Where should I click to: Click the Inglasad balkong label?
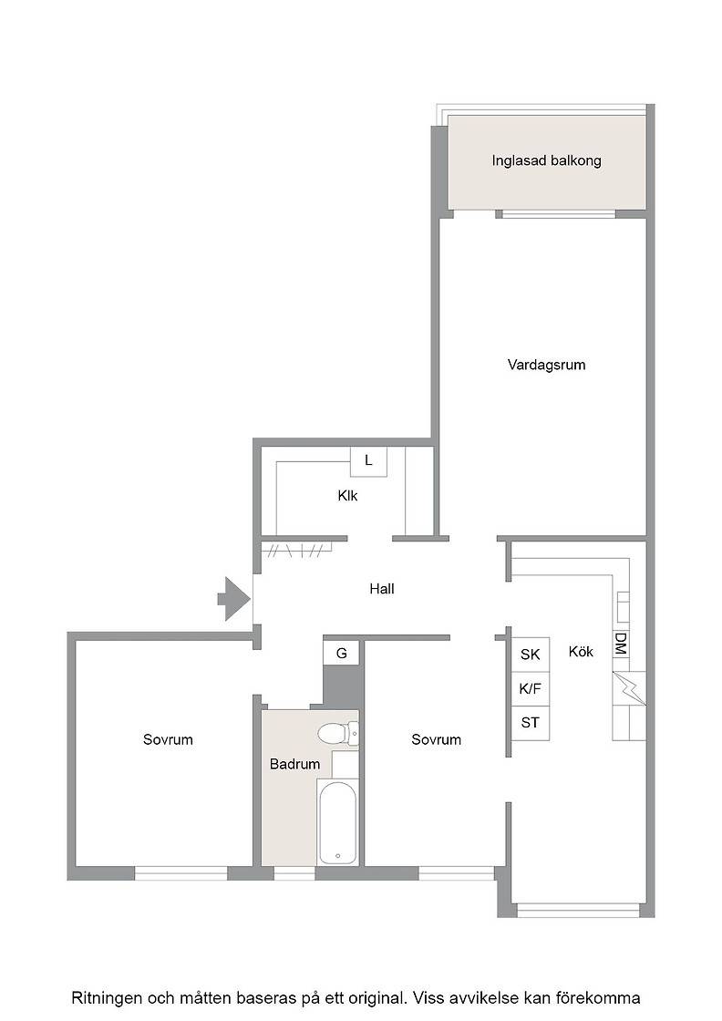(x=546, y=160)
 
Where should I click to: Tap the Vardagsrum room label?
(x=546, y=365)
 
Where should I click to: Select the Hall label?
(x=382, y=589)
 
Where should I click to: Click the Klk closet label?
(x=347, y=496)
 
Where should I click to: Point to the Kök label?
(x=581, y=651)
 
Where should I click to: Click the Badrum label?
(x=295, y=764)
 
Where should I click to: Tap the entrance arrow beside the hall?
(x=234, y=599)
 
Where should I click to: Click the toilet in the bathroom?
(x=338, y=734)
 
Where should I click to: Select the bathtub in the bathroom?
(x=337, y=821)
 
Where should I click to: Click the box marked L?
(x=368, y=461)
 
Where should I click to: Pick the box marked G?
(x=341, y=653)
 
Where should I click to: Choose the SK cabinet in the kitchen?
(x=530, y=655)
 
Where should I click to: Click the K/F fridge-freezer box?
(x=530, y=689)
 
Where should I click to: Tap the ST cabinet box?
(x=530, y=723)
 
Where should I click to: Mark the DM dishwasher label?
(x=621, y=644)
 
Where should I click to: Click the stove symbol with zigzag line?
(x=629, y=688)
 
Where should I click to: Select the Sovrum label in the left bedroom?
(x=168, y=739)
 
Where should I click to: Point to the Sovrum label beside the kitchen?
(x=436, y=739)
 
